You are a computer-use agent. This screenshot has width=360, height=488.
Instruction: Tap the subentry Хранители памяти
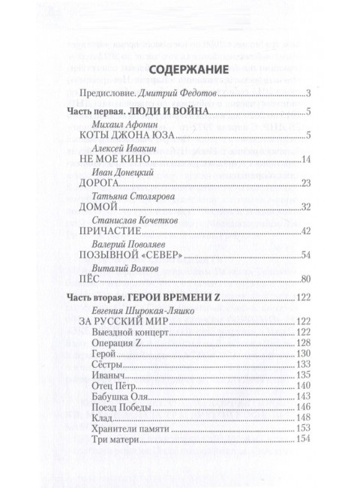click(x=134, y=427)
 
